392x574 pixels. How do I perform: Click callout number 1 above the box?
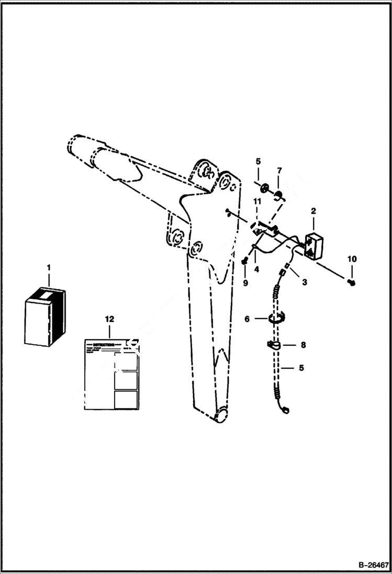(x=48, y=267)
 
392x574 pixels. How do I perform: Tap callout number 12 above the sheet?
(x=109, y=319)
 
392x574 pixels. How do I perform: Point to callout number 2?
(x=313, y=211)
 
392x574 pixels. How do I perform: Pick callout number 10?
(x=352, y=258)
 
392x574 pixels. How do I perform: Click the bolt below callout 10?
(x=352, y=282)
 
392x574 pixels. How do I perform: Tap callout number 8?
(x=303, y=345)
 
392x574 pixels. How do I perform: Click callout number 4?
(x=256, y=269)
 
